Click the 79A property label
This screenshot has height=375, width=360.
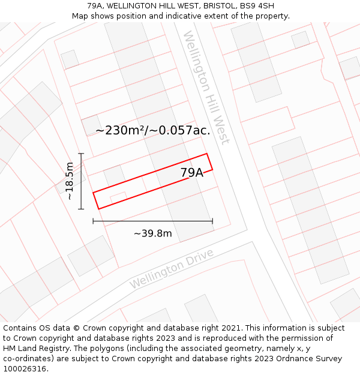192,173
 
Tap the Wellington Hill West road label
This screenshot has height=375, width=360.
206,87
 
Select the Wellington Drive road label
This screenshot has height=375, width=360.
172,268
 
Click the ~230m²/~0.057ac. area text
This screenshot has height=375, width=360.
152,130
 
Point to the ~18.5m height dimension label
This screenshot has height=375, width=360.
70,181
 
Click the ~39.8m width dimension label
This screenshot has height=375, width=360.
152,233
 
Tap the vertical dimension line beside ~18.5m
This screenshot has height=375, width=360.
81,181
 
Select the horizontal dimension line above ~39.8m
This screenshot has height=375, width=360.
152,221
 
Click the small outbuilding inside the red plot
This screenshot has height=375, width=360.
118,196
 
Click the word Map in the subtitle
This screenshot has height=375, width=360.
80,16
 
